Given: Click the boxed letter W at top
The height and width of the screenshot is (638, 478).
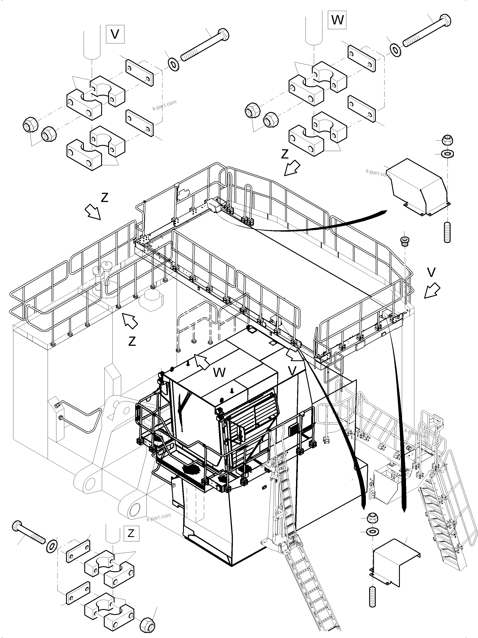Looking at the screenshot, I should (x=337, y=20).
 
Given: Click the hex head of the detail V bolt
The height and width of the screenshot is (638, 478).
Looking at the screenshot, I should (x=223, y=35).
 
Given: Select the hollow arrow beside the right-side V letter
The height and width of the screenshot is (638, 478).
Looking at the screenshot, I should (x=432, y=290).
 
